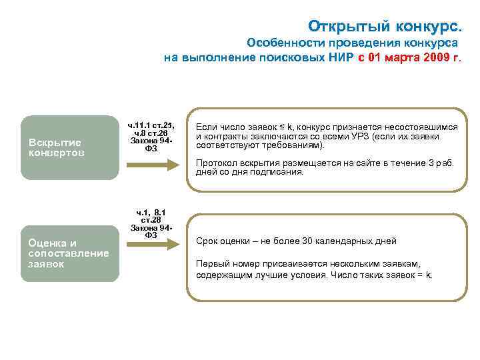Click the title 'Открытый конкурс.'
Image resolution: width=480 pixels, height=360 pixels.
coord(384,26)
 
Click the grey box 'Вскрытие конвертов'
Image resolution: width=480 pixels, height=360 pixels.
coord(69,147)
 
